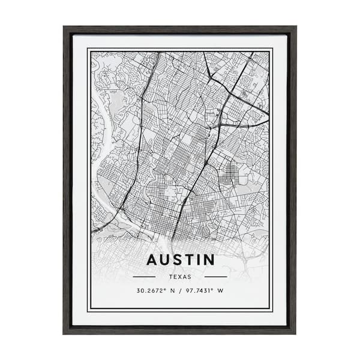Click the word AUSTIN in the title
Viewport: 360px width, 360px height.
tap(180, 260)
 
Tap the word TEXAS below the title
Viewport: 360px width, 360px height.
tap(180, 277)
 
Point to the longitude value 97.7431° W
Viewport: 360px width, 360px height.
tap(203, 290)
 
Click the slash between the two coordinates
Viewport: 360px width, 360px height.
tap(181, 290)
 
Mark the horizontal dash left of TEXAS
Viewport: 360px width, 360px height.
tap(144, 277)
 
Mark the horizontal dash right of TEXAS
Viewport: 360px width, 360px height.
tap(215, 277)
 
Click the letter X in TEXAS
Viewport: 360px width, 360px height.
tap(180, 277)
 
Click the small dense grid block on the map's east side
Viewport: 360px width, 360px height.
tap(230, 175)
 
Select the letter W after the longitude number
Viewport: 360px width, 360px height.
tap(220, 290)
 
